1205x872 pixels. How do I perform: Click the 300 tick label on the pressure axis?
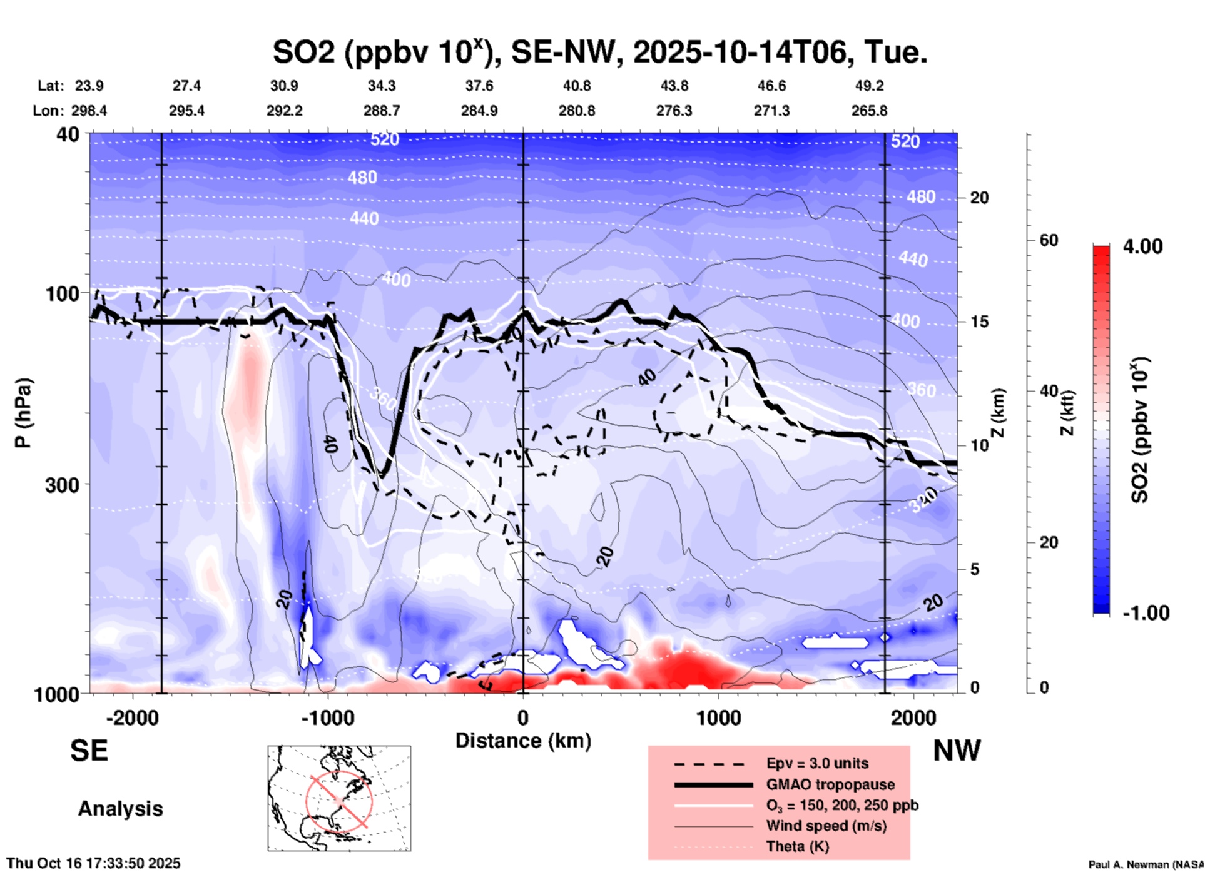[x=62, y=485]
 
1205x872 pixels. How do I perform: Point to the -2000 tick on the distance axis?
[x=132, y=717]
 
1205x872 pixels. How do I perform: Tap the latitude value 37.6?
[x=479, y=86]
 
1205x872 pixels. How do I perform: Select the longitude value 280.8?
[x=576, y=111]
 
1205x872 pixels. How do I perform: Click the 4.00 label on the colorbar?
[x=1142, y=246]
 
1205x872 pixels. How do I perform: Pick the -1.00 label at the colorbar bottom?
[x=1146, y=613]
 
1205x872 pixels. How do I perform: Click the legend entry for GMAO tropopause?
[x=830, y=784]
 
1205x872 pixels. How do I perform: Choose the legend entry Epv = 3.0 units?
[x=817, y=763]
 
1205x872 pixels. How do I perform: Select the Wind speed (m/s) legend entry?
[x=826, y=826]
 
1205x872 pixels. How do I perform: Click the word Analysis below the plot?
[x=120, y=809]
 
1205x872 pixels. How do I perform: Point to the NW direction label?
[x=957, y=751]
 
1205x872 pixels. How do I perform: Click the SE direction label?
[x=89, y=751]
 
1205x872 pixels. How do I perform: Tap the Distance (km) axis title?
[x=523, y=741]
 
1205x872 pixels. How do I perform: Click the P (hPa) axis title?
[x=23, y=413]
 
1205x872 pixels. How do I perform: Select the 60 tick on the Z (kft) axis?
[x=1049, y=240]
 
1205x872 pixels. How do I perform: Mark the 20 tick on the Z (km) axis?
[x=979, y=198]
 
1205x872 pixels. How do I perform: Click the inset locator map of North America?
[x=339, y=798]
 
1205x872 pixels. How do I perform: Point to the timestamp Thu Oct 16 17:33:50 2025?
[x=93, y=863]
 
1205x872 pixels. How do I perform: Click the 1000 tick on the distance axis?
[x=719, y=717]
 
